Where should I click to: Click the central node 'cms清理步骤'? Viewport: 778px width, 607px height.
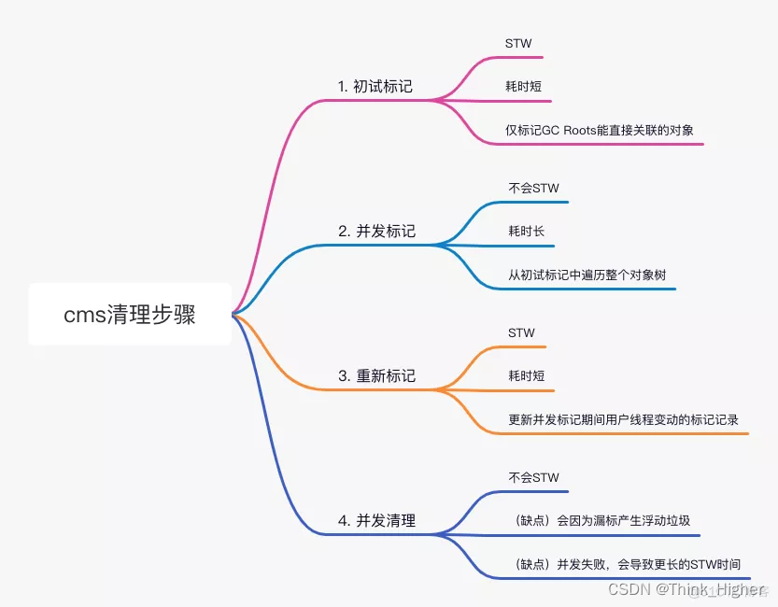pyautogui.click(x=130, y=315)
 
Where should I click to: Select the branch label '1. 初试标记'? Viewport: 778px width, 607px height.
pyautogui.click(x=375, y=87)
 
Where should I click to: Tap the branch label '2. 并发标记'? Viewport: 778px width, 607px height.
pyautogui.click(x=376, y=231)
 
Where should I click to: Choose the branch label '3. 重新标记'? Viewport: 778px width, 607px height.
pyautogui.click(x=376, y=375)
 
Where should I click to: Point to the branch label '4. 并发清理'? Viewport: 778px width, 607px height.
pyautogui.click(x=376, y=520)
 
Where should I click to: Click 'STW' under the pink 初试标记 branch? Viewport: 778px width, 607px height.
pyautogui.click(x=518, y=44)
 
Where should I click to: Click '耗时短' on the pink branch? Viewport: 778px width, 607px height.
pyautogui.click(x=523, y=87)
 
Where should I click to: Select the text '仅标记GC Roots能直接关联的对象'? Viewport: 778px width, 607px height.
pyautogui.click(x=599, y=130)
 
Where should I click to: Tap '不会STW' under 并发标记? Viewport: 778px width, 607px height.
pyautogui.click(x=533, y=188)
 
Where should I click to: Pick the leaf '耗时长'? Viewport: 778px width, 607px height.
pyautogui.click(x=526, y=231)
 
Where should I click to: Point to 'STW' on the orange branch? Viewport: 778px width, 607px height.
pyautogui.click(x=521, y=332)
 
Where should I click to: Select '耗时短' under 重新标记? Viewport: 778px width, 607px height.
pyautogui.click(x=526, y=375)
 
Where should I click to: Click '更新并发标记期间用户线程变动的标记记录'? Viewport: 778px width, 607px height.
pyautogui.click(x=623, y=419)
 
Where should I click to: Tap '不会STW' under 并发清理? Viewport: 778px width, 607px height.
pyautogui.click(x=533, y=477)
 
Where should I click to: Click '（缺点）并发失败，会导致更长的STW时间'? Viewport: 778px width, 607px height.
pyautogui.click(x=628, y=564)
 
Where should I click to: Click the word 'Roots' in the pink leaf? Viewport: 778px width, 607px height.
pyautogui.click(x=583, y=130)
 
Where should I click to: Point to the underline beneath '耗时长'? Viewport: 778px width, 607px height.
pyautogui.click(x=526, y=246)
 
